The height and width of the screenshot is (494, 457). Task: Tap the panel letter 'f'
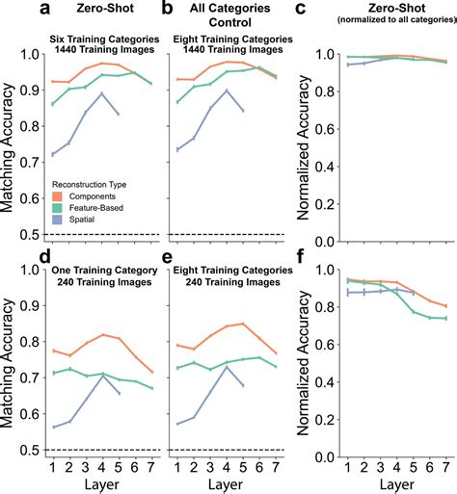click(302, 258)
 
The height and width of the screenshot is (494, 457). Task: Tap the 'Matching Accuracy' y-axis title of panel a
click(12, 144)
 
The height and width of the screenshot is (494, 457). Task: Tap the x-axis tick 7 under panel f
click(446, 465)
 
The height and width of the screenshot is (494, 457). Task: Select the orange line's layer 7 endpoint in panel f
click(446, 306)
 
